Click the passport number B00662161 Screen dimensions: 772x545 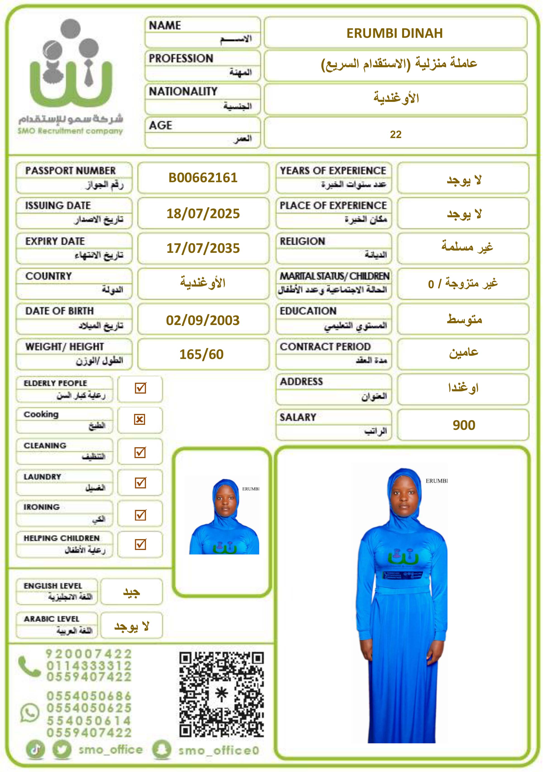point(203,177)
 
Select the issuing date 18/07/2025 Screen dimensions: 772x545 point(203,213)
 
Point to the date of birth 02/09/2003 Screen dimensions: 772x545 point(203,320)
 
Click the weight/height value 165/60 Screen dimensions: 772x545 point(201,354)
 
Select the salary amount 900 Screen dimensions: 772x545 point(464,425)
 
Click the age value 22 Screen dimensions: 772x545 point(395,134)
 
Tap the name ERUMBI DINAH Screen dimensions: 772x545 point(395,33)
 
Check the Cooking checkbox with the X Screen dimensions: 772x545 point(140,420)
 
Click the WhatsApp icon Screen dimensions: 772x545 point(30,713)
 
